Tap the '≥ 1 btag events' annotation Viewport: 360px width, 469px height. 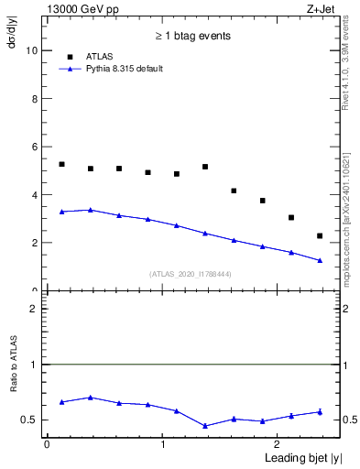192,36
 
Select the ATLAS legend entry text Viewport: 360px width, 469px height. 102,57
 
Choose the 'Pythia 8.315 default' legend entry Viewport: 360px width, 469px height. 124,69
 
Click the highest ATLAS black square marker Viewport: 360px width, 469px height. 62,164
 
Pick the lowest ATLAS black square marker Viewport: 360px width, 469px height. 320,235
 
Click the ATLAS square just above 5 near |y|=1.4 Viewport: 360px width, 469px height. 205,167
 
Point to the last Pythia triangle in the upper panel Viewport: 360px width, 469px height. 320,260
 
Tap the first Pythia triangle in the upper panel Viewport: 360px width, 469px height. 62,212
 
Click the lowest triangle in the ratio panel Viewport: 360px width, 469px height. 205,426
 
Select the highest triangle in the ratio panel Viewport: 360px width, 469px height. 91,398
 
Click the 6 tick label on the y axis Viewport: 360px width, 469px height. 36,147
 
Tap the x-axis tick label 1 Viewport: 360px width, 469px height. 163,444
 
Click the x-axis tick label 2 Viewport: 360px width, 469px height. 279,444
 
